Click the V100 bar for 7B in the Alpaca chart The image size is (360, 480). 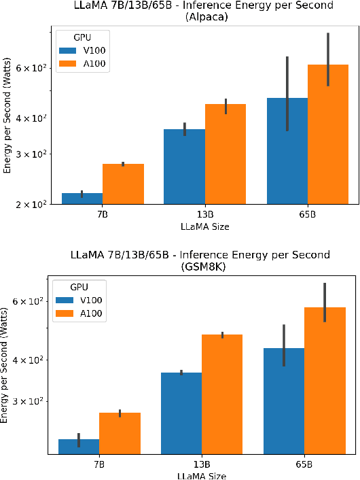[x=82, y=199]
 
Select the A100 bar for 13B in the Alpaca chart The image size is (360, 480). [x=226, y=154]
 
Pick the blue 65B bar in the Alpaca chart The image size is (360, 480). [x=287, y=151]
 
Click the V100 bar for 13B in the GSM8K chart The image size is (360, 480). [x=181, y=413]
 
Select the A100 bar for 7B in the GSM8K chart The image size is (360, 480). [x=120, y=433]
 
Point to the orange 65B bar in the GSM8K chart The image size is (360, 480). [x=325, y=381]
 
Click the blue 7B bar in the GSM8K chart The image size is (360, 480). [x=79, y=447]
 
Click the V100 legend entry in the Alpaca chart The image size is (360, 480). [x=83, y=50]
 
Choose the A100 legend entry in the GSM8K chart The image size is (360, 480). [x=79, y=313]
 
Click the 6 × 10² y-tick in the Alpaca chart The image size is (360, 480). [x=32, y=68]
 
